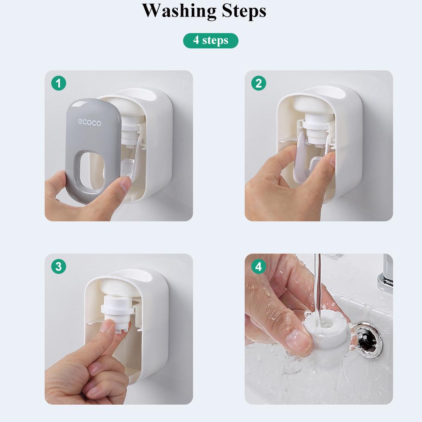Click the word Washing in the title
pos(179,11)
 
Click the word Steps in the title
pos(244,12)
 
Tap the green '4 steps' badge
pos(211,41)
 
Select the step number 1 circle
pos(59,83)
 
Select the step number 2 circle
pos(259,83)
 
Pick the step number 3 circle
pos(59,266)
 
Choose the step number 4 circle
pos(259,266)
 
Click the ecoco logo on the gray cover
pos(90,122)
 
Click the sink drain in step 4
pos(367,340)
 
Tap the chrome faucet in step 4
pos(386,275)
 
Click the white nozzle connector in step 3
pos(118,314)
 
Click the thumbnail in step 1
pos(125,183)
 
